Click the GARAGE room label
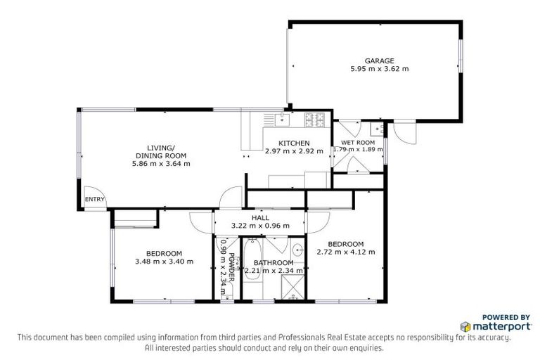379,60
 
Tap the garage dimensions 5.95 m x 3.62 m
379,69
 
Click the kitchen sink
281,120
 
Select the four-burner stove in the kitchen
314,121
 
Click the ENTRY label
94,199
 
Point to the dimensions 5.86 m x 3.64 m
160,163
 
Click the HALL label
260,217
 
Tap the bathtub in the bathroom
252,267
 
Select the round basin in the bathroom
297,249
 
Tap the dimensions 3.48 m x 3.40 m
164,262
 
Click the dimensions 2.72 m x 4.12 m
345,252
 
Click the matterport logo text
490,326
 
